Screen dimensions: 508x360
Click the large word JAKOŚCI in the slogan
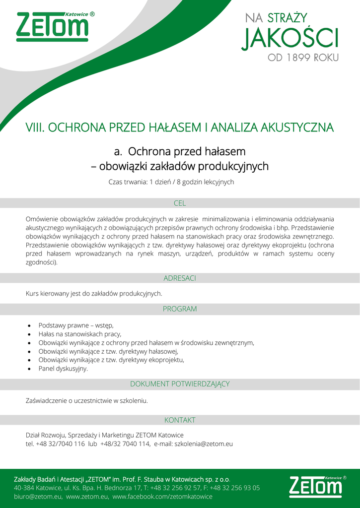point(289,38)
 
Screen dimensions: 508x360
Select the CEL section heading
point(180,203)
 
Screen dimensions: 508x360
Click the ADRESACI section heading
point(180,278)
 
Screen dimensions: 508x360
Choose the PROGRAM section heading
point(180,309)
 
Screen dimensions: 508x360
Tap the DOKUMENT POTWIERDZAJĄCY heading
point(180,384)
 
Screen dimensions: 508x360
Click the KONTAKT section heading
point(180,420)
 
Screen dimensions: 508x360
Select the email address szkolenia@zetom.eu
point(204,444)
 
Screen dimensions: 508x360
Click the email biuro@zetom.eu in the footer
point(38,497)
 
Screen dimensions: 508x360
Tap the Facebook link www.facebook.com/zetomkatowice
point(162,497)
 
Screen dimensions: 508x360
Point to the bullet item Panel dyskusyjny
point(63,369)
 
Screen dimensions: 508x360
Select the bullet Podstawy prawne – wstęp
point(76,325)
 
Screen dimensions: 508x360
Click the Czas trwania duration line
point(171,182)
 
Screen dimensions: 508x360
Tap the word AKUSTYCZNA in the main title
point(297,127)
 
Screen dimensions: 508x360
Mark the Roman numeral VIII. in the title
point(35,127)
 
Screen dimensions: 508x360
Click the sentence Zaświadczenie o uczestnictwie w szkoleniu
point(87,400)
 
